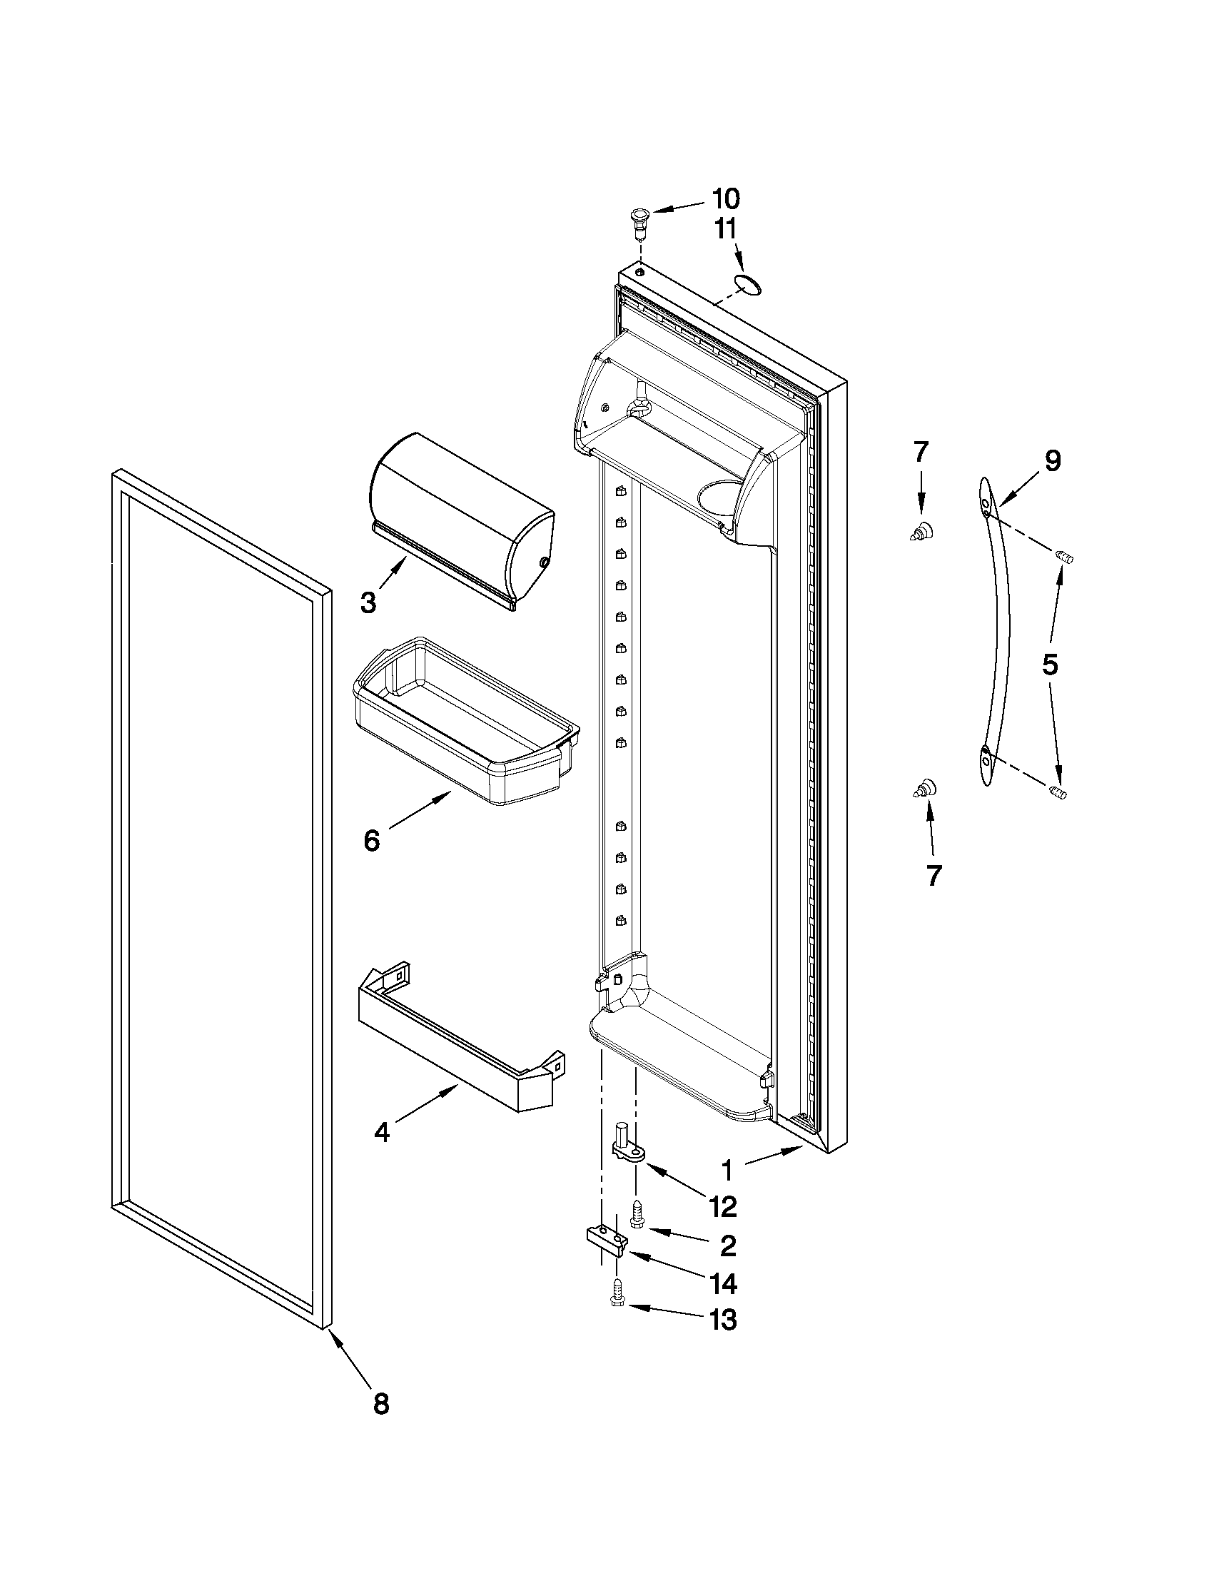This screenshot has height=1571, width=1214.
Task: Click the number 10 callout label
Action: [x=725, y=198]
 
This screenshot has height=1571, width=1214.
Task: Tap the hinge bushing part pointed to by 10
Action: [x=638, y=218]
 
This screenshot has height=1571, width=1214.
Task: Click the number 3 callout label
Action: [x=368, y=603]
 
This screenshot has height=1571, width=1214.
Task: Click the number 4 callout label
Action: [x=382, y=1133]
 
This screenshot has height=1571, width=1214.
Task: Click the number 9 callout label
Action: [x=1052, y=461]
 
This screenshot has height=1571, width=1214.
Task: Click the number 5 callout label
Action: [x=1050, y=665]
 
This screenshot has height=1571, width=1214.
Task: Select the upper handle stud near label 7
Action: [x=923, y=532]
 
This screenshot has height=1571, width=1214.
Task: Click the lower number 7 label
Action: [x=934, y=875]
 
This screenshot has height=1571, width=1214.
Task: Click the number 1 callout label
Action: [x=727, y=1171]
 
